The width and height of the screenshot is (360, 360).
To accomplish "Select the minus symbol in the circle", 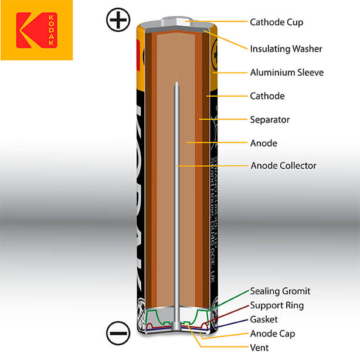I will pos(117,333).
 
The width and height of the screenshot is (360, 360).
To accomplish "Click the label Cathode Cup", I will pos(277,22).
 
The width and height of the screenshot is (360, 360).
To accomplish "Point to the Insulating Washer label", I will pos(286,48).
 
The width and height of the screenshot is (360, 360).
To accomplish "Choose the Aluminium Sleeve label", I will pos(287,72).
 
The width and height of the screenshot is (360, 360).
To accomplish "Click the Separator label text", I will pos(270,120).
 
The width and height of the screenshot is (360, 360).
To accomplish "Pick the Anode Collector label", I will pos(283,165).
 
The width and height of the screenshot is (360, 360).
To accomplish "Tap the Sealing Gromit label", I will pos(280,291).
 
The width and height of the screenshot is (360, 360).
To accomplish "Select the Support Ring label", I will pos(277,305).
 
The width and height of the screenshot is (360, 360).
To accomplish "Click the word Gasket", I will pos(264,320).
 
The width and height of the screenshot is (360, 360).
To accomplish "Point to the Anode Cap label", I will pos(273,334).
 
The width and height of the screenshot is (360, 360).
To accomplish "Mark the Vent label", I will pos(259,347).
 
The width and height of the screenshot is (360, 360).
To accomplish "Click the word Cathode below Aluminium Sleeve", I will pos(267,96).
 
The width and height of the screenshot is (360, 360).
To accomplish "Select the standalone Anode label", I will pos(263,143).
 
